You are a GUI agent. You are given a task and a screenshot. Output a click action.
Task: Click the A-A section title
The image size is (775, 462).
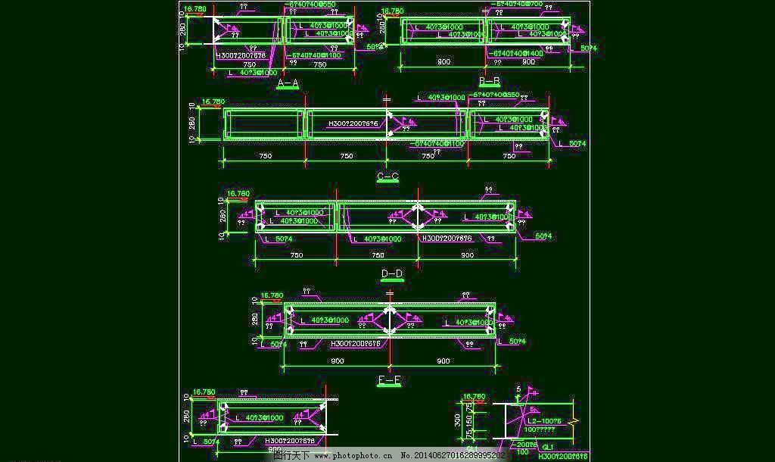click(288, 83)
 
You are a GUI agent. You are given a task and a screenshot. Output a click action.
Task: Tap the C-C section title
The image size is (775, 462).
click(387, 177)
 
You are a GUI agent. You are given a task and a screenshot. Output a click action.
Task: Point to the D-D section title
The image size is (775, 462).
click(391, 273)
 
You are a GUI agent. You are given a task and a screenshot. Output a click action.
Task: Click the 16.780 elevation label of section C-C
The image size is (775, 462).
click(213, 101)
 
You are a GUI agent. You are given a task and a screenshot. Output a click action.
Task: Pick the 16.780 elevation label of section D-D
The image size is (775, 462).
click(238, 194)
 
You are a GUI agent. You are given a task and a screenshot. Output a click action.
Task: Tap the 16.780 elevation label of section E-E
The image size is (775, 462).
click(272, 295)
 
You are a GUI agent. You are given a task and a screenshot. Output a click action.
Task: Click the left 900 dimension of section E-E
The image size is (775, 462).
click(338, 361)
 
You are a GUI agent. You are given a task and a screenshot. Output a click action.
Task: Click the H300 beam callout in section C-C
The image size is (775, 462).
click(353, 123)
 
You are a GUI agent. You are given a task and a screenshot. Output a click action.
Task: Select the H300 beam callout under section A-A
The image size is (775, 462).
click(241, 56)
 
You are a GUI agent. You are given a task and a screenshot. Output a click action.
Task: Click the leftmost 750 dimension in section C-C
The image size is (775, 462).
click(265, 157)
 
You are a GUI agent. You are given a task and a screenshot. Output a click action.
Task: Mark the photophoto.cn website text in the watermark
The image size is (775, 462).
click(360, 456)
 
